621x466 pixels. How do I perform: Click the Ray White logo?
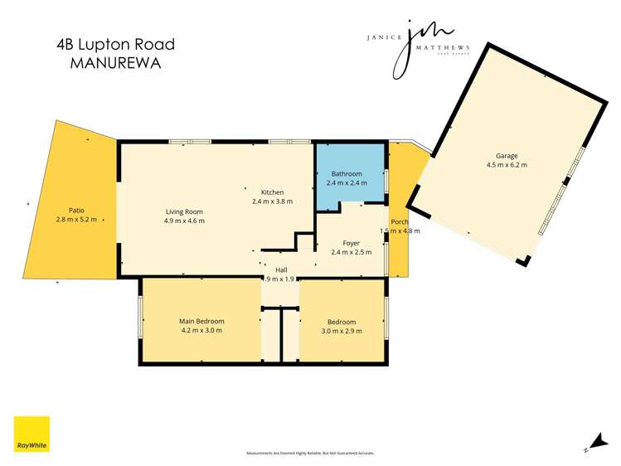(x=32, y=434)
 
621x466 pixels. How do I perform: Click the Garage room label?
(x=507, y=155)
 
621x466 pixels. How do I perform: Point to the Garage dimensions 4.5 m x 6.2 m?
(x=507, y=165)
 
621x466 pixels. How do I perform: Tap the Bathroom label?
(x=347, y=173)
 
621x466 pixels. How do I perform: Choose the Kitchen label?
(x=272, y=192)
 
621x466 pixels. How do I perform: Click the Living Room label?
(x=184, y=211)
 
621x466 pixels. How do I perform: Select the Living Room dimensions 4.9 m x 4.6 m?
(x=184, y=221)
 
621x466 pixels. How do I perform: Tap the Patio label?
(x=76, y=211)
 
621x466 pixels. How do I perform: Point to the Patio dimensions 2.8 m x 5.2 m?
(x=76, y=220)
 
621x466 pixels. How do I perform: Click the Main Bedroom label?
(x=201, y=321)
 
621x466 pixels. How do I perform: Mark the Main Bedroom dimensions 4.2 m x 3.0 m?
(x=201, y=330)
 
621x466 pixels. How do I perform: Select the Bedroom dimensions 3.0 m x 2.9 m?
(x=341, y=331)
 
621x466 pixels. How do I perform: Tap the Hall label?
(x=281, y=269)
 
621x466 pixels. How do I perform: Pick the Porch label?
(x=399, y=221)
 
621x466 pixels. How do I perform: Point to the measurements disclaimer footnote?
(x=310, y=454)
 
